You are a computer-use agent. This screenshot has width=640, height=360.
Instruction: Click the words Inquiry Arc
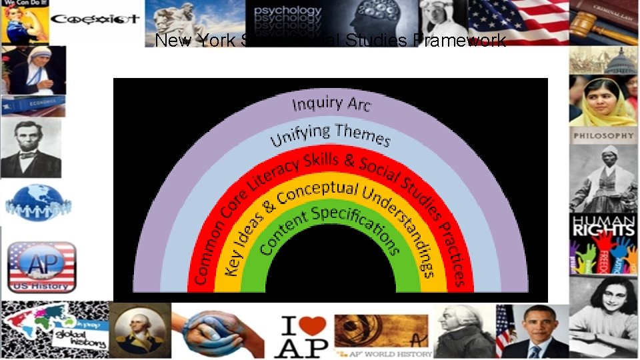tap(331, 104)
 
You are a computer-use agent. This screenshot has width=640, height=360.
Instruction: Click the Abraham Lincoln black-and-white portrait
tap(31, 148)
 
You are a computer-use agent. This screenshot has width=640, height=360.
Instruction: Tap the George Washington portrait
tap(139, 331)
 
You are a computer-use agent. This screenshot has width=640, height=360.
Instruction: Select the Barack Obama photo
tap(537, 331)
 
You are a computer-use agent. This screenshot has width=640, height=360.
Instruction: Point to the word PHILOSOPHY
tap(604, 135)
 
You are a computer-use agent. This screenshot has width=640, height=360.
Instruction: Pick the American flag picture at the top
tap(517, 22)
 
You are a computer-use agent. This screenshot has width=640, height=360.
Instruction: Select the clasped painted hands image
tap(217, 331)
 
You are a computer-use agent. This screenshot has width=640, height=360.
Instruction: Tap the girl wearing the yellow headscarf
tap(603, 101)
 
